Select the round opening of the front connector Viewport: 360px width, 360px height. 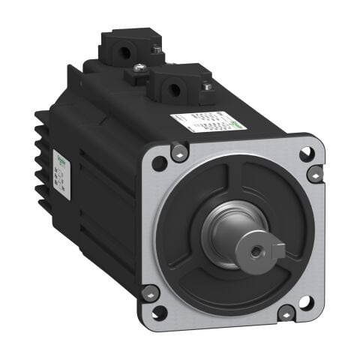(x=173, y=90)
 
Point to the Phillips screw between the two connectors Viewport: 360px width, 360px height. (x=140, y=70)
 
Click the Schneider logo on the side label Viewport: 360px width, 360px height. (x=61, y=160)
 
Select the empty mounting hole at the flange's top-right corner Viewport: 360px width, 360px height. (x=306, y=153)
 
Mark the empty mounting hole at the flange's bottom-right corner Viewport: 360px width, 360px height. (x=305, y=302)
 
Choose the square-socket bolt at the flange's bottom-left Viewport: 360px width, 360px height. (x=149, y=292)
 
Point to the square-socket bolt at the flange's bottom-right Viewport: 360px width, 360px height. (x=286, y=312)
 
